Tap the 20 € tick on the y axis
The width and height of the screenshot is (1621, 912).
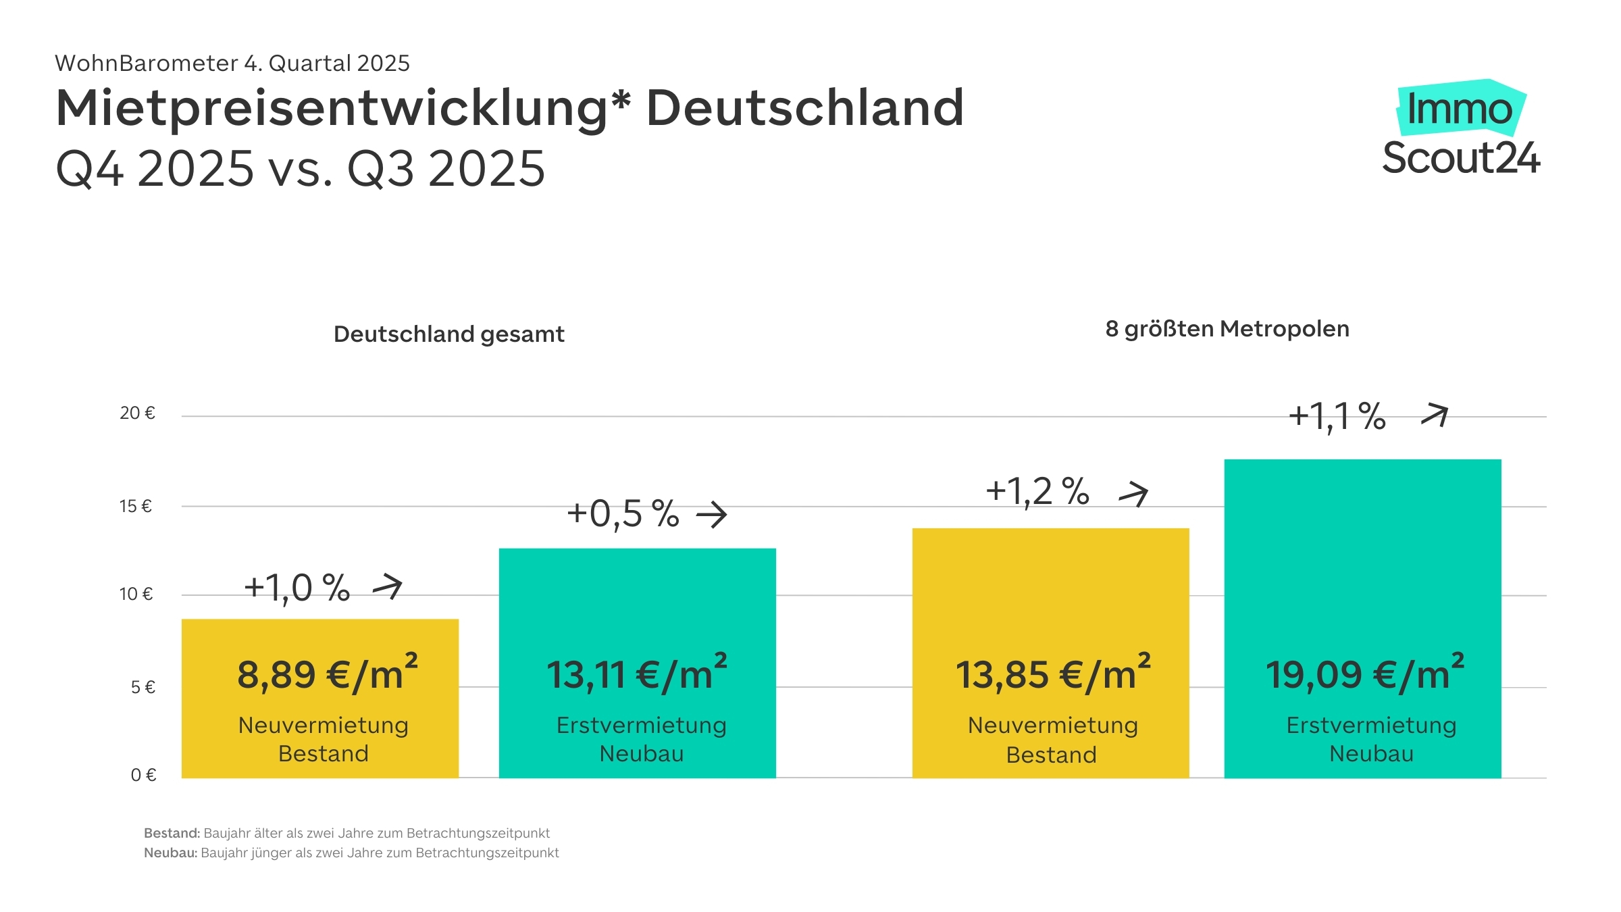tap(138, 413)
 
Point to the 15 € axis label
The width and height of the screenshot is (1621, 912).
tap(136, 506)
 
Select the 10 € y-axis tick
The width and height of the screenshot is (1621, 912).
tap(136, 594)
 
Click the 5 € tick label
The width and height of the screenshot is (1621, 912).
tap(143, 687)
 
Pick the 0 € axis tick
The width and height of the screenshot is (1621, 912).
tap(143, 775)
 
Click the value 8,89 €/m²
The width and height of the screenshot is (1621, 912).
tap(327, 674)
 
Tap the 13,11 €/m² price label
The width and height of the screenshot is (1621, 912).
tap(636, 674)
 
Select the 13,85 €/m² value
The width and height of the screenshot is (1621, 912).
tap(1052, 674)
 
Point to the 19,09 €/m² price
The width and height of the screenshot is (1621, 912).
tap(1364, 674)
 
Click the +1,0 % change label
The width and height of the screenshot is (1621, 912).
tap(297, 588)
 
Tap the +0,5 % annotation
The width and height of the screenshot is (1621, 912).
tap(623, 514)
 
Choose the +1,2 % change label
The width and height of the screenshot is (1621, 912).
tap(1037, 491)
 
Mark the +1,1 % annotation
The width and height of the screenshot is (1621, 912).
tap(1337, 416)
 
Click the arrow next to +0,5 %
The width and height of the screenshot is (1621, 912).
tap(712, 515)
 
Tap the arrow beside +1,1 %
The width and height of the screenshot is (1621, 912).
tap(1435, 414)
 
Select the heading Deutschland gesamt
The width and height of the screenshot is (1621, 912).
tap(448, 334)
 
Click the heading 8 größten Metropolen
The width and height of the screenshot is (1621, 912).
tap(1227, 329)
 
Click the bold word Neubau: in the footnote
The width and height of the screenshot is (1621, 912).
tap(170, 853)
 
